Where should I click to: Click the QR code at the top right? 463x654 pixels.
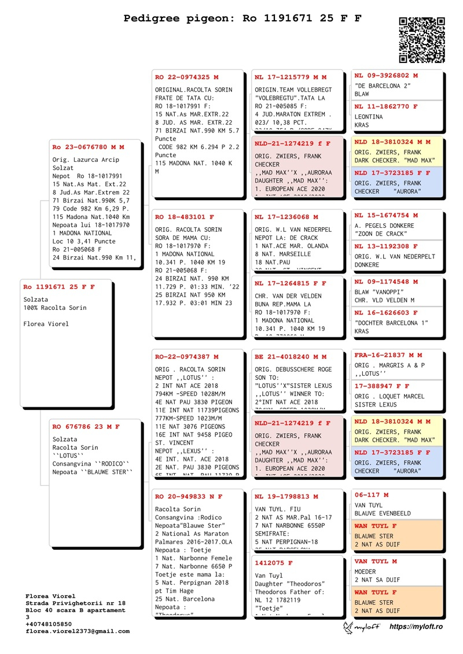422,40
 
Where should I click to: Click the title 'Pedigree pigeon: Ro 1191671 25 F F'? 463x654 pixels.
242,19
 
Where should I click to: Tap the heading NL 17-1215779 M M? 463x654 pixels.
291,77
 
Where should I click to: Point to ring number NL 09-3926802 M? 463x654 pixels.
386,76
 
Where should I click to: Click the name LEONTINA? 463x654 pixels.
369,117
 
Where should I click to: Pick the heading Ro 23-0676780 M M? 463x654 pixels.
89,147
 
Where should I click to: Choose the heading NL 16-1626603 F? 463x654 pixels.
386,313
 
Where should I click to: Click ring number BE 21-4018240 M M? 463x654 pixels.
291,357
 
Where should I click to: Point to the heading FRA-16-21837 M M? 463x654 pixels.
388,355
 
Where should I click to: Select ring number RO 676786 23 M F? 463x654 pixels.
86,427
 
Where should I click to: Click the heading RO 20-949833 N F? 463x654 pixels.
189,497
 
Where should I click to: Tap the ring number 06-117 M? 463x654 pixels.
372,495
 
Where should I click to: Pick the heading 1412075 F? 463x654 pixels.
274,563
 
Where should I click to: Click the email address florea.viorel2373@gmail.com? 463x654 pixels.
78,631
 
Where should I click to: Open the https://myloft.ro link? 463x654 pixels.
416,627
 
